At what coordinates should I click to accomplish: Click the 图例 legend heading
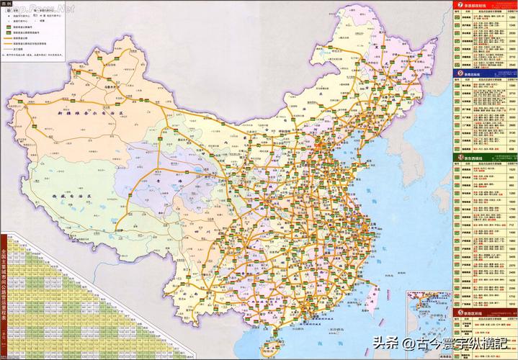(x=9, y=4)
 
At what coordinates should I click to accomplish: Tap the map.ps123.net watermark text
(x=40, y=8)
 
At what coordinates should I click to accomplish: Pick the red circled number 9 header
(x=459, y=73)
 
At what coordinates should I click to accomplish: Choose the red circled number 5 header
(x=459, y=313)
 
